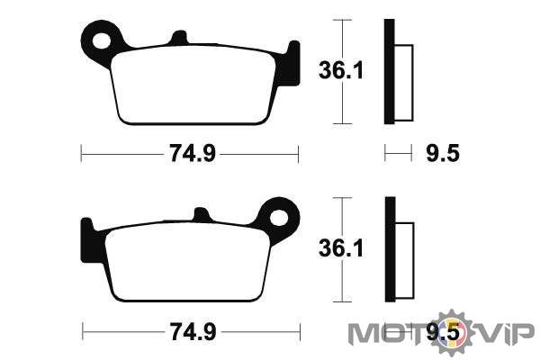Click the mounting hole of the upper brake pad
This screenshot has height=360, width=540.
click(x=102, y=41)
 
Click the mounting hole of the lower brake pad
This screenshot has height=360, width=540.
click(x=279, y=218)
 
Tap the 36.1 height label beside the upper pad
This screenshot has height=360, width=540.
click(x=340, y=70)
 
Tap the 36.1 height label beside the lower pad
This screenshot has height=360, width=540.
click(x=340, y=248)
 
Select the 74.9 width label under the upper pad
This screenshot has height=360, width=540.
click(x=193, y=153)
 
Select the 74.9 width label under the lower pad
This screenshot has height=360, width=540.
click(x=193, y=332)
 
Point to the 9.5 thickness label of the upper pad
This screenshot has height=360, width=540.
click(x=443, y=153)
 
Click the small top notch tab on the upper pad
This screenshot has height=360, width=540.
click(x=179, y=38)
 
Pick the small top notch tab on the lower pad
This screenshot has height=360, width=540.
click(x=202, y=214)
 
